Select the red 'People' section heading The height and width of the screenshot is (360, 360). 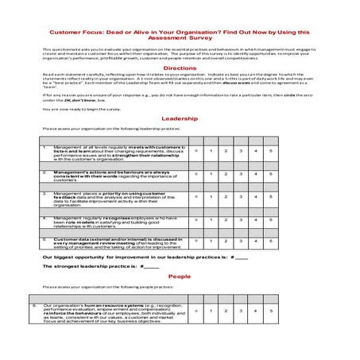(180, 276)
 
